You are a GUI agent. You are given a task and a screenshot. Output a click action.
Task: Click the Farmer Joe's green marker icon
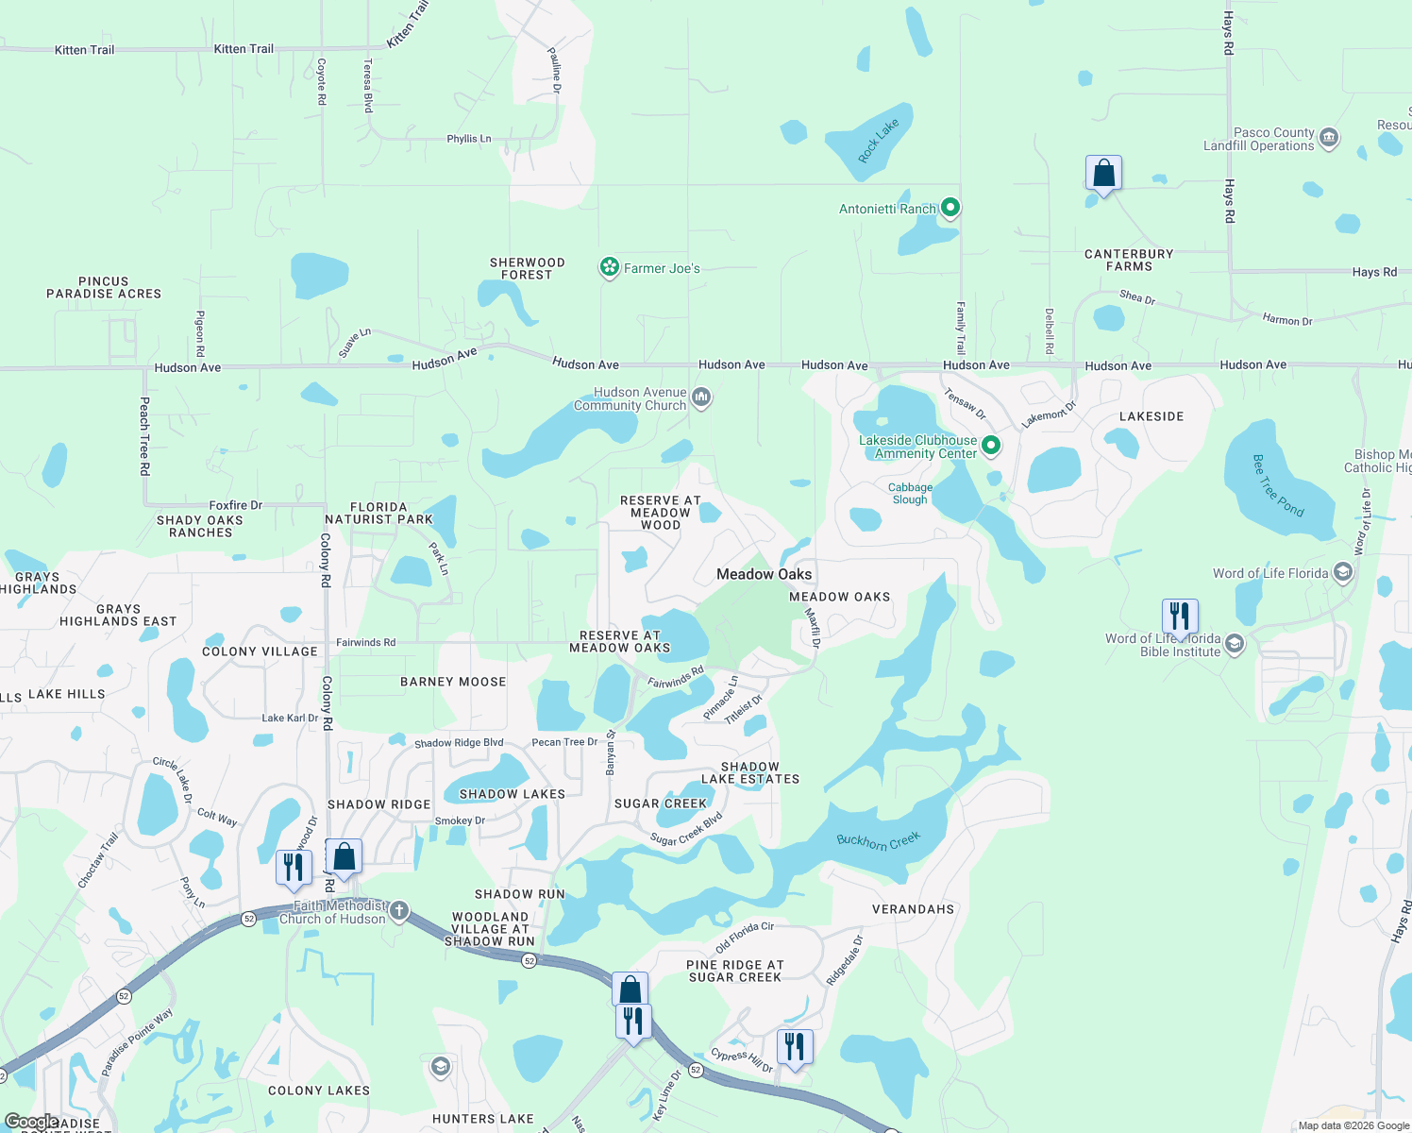tap(610, 268)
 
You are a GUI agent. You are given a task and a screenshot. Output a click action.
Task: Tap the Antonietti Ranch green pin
tap(950, 208)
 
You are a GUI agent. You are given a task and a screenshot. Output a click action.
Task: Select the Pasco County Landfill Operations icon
tap(1329, 139)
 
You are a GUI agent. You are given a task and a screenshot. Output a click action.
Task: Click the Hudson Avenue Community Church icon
tap(701, 397)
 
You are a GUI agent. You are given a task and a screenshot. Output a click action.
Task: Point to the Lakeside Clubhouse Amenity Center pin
tap(990, 446)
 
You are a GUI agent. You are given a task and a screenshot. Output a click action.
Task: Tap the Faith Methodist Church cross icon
tap(399, 911)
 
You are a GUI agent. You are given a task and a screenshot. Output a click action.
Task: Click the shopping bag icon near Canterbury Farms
tap(1103, 175)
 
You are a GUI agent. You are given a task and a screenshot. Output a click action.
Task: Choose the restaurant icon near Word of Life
tap(1180, 617)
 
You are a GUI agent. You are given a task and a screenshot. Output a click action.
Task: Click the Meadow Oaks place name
tap(764, 574)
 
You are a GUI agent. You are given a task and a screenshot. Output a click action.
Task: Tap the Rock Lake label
tap(879, 142)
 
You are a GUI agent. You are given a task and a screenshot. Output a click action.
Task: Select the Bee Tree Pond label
tap(1278, 485)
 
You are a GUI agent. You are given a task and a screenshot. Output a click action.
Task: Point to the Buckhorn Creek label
tap(878, 839)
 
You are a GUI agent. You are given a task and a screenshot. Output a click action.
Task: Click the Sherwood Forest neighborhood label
tap(527, 268)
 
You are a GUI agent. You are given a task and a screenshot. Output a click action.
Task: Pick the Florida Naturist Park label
tap(378, 513)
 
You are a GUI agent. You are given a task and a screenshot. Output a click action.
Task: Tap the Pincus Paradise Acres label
tap(104, 287)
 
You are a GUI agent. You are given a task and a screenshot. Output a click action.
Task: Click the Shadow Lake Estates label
tap(750, 772)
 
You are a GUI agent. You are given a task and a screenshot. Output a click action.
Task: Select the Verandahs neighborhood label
tap(913, 909)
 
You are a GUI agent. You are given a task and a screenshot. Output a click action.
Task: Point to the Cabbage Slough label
tap(910, 494)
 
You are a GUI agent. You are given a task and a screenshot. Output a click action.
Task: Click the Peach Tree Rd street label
tap(144, 436)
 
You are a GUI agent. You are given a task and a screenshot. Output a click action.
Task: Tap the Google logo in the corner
tap(31, 1122)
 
